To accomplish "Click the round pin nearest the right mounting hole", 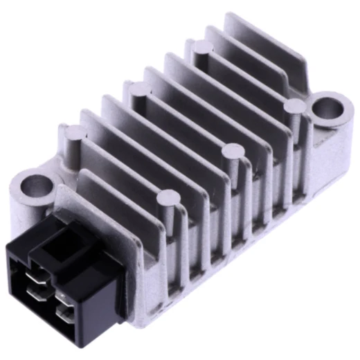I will [x=294, y=106].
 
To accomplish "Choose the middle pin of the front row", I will [x=231, y=151].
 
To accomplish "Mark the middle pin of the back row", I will [x=137, y=88].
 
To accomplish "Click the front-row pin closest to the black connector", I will [x=166, y=199].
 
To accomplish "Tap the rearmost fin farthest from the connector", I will [x=256, y=35].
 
